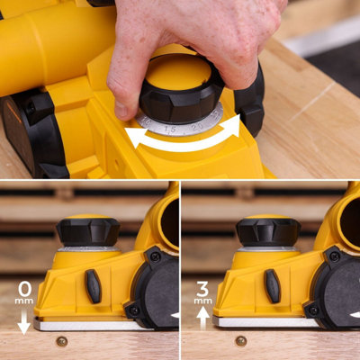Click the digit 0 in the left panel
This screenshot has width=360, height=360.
24,289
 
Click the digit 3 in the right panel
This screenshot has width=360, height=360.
202,289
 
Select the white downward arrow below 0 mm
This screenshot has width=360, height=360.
24,322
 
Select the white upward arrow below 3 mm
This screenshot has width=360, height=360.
202,315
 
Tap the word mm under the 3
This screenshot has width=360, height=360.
202,303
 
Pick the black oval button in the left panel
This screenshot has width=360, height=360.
94,285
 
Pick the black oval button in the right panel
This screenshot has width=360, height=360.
273,285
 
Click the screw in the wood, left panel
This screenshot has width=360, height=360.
61,341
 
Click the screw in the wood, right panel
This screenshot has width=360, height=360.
240,341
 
